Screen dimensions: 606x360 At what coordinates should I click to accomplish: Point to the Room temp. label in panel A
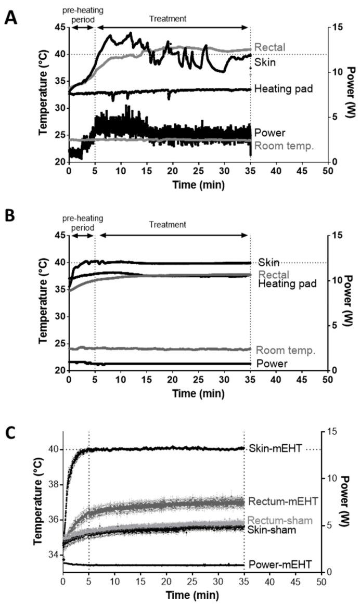(x=284, y=146)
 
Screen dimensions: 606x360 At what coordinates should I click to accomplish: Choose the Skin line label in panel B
(x=265, y=262)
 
